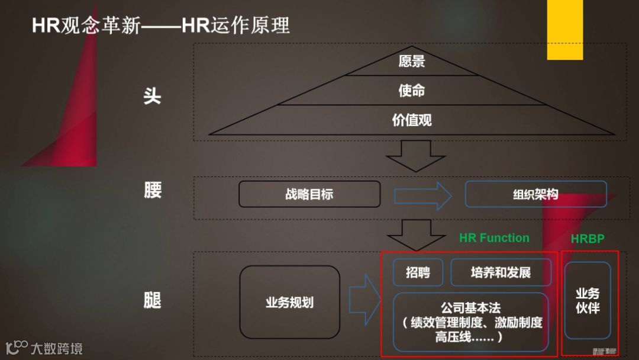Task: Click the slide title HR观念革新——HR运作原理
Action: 161,26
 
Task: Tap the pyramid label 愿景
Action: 411,61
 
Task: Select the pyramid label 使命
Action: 411,91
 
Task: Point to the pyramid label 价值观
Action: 411,120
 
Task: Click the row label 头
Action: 152,96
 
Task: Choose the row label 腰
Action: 152,191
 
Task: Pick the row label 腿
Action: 152,300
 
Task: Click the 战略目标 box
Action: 309,194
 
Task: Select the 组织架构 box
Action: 535,194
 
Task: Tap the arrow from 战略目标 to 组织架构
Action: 422,195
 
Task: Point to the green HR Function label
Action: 494,238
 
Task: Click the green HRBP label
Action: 588,239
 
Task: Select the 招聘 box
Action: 418,272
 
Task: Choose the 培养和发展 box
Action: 501,272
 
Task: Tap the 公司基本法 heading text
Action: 471,308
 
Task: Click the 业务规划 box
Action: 289,303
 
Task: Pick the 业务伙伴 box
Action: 588,300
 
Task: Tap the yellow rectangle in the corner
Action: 564,30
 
